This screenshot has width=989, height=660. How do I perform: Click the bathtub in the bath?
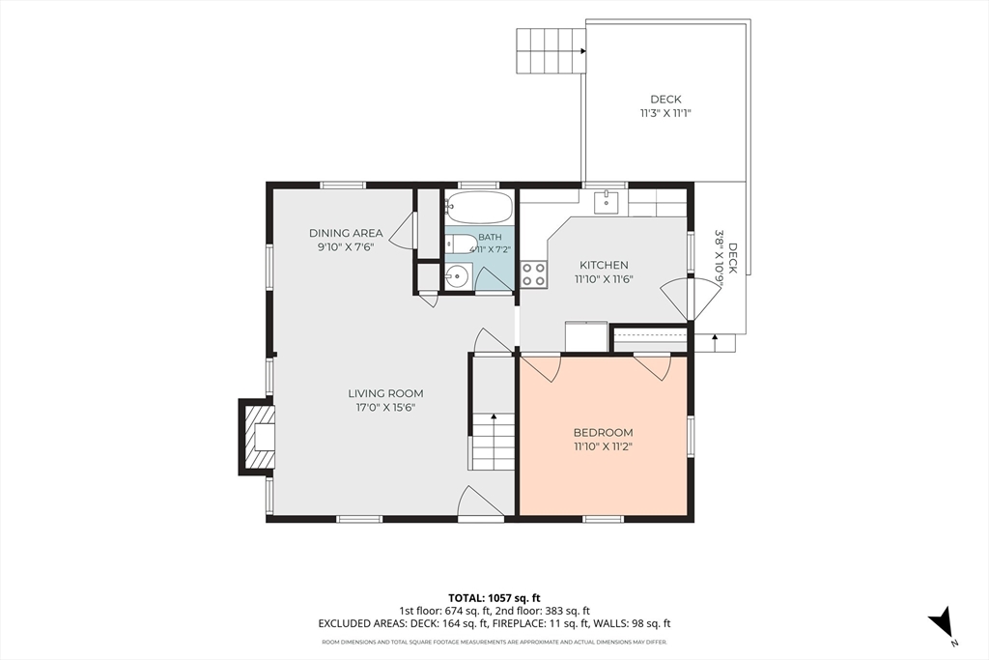coord(479,208)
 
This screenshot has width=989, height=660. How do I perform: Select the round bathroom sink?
coord(458,275)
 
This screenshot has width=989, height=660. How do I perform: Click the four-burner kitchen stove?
coord(533,275)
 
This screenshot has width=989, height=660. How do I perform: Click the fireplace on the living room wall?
coord(257,436)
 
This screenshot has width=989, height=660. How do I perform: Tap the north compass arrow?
coord(942,621)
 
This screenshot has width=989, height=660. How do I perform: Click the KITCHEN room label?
coord(604,265)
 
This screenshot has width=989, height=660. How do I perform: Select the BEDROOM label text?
coord(603,433)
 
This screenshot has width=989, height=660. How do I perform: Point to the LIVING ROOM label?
coord(385,393)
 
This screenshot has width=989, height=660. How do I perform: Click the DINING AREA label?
coord(346,234)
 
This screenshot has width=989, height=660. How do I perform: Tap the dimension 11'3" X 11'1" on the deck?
coord(666,114)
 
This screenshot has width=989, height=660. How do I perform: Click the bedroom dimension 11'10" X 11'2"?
coord(603,447)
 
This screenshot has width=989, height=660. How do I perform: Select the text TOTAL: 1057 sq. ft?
coord(494,597)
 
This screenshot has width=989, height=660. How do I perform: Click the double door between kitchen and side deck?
coord(692,300)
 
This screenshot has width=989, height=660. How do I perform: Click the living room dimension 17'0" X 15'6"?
coord(385,408)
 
